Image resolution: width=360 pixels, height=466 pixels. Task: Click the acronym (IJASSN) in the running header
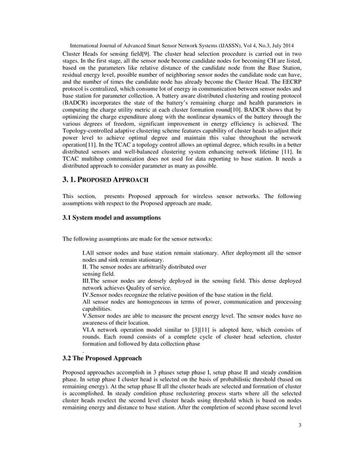214,45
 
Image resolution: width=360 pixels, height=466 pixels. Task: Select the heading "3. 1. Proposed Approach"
105,180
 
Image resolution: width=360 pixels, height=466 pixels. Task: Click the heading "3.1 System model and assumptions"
112,217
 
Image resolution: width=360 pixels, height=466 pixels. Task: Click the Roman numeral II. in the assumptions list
85,266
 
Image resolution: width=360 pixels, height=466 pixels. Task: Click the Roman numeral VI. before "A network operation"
87,329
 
